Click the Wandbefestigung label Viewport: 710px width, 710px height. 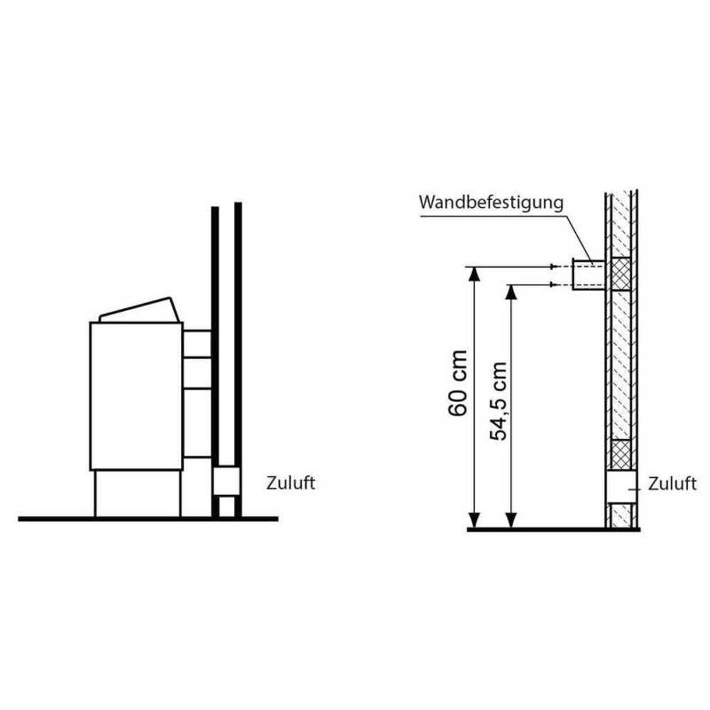(491, 202)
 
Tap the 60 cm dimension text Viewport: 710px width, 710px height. (457, 383)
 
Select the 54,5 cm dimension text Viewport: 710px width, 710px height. (498, 401)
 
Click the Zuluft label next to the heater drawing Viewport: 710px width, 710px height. (290, 483)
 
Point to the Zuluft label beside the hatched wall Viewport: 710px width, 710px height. (672, 484)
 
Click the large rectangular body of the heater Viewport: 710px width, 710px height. (136, 395)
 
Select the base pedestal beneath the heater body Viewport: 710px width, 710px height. (138, 493)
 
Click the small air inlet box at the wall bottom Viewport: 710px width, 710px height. (226, 481)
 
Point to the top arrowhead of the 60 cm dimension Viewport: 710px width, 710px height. (474, 273)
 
